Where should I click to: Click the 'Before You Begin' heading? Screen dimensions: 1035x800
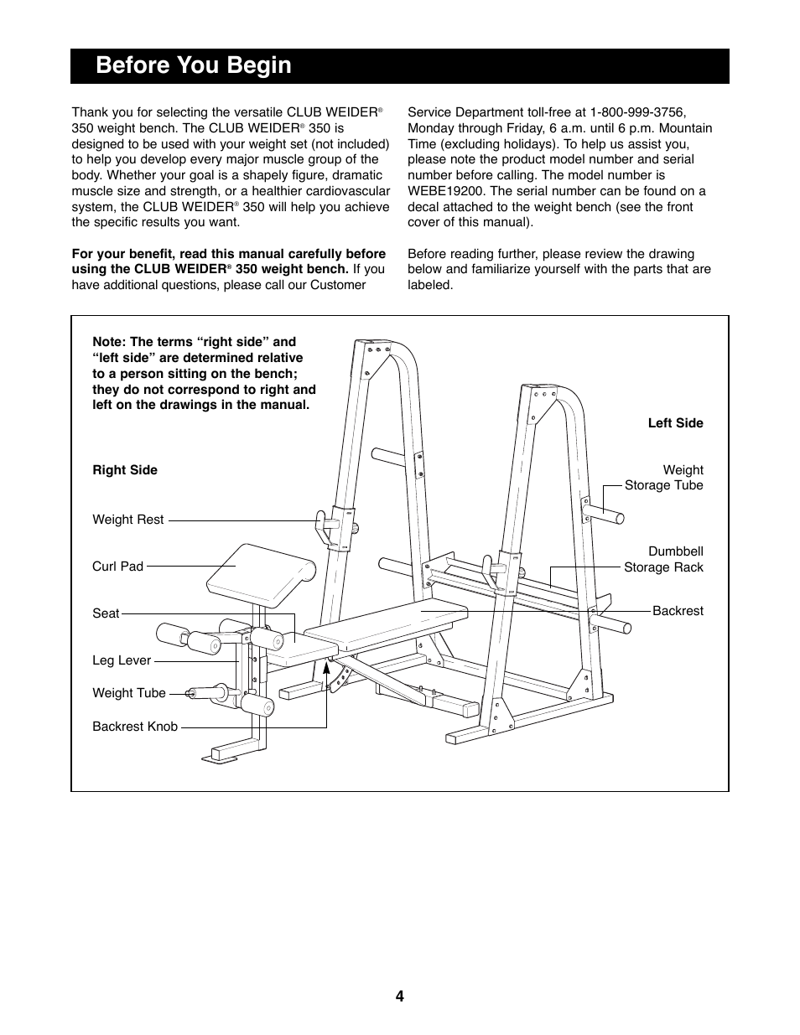click(194, 65)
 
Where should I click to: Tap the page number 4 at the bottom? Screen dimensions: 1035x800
click(400, 996)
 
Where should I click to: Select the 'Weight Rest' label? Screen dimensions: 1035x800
click(128, 520)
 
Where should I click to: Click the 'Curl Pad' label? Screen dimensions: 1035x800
click(117, 566)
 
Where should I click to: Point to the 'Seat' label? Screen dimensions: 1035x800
click(106, 613)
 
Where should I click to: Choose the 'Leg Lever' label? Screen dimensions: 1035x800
click(122, 660)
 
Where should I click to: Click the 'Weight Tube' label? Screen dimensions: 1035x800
click(129, 693)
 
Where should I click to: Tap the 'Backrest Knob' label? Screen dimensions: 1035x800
click(135, 727)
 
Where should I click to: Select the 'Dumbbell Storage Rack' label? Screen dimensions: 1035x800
click(663, 559)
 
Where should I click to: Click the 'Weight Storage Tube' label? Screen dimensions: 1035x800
click(664, 478)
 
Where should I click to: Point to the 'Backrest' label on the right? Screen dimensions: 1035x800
click(678, 611)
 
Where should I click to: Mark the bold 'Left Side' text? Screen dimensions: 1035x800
click(675, 423)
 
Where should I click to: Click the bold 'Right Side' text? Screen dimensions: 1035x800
click(125, 470)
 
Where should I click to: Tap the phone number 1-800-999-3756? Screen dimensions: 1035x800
click(637, 111)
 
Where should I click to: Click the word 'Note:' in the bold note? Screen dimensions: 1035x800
click(109, 342)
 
